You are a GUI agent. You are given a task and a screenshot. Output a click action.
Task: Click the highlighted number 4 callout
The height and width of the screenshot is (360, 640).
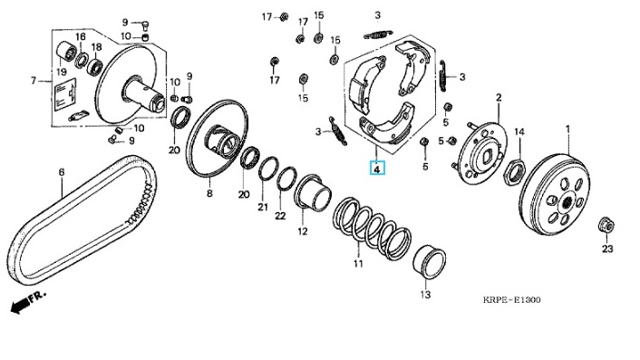click(x=377, y=168)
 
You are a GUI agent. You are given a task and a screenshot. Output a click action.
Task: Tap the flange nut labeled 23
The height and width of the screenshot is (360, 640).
click(x=606, y=225)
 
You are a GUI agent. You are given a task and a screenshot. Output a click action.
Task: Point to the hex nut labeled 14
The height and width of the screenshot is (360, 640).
click(x=514, y=171)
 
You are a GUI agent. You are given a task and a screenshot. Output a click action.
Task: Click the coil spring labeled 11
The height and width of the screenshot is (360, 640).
click(x=371, y=229)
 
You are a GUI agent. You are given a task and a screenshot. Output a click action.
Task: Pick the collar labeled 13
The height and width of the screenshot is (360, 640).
click(x=429, y=262)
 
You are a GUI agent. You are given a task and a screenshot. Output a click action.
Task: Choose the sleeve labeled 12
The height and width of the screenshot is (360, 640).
click(x=313, y=193)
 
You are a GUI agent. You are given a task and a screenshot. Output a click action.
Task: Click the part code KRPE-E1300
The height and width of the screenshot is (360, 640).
click(x=512, y=300)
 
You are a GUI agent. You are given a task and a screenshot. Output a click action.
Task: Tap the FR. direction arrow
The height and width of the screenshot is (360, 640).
click(x=27, y=302)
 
